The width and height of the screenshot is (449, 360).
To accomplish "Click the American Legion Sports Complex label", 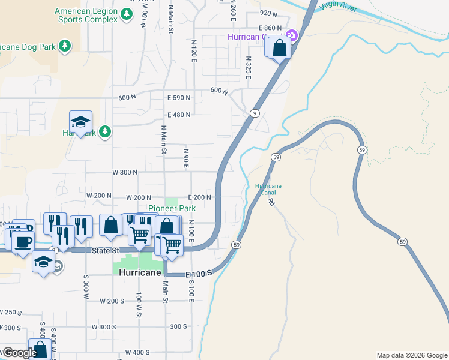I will (86, 15).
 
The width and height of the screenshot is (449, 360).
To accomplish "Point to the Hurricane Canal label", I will (268, 190).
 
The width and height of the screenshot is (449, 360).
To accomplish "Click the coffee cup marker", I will (23, 242).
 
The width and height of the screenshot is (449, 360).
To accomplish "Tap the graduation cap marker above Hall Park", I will (80, 122).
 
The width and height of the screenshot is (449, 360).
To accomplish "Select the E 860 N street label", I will (270, 28).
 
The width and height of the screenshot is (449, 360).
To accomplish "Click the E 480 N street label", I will (179, 115).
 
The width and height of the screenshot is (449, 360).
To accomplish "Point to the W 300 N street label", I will (125, 172).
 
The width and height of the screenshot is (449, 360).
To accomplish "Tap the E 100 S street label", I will (199, 274).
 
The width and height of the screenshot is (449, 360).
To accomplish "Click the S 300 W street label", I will (86, 289).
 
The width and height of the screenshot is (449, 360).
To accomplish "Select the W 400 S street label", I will (137, 352).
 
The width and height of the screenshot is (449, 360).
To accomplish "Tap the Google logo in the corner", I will (20, 353).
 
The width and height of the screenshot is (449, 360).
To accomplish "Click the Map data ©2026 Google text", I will (411, 355).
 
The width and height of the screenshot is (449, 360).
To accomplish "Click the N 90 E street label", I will (186, 158).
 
